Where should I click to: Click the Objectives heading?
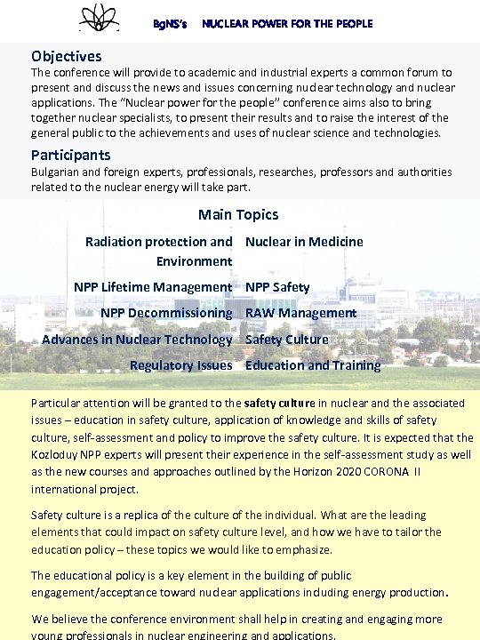[x=66, y=56]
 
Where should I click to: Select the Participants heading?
[x=71, y=155]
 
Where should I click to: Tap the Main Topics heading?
[x=238, y=214]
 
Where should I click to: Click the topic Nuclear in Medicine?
[x=304, y=242]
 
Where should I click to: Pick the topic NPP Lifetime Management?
[x=153, y=287]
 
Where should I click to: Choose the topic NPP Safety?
[x=277, y=287]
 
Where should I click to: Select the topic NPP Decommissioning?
[x=166, y=313]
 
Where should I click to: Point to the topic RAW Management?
[x=300, y=313]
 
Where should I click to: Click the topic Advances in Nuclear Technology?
[x=137, y=340]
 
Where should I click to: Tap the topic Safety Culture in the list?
[x=286, y=340]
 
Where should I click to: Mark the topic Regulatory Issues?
[x=180, y=365]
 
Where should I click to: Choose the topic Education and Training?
[x=313, y=365]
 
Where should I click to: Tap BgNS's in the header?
[x=171, y=24]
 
